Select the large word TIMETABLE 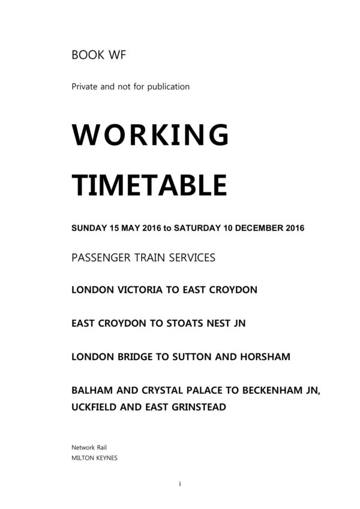149,184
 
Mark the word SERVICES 190,258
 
